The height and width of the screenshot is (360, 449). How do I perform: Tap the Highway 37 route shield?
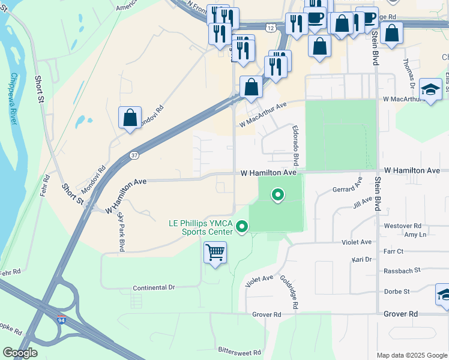coord(134,155)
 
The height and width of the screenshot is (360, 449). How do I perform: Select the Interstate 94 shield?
coord(61,320)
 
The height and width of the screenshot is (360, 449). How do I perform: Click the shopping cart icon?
coord(215,252)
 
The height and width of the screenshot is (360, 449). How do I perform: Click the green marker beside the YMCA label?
coord(242,226)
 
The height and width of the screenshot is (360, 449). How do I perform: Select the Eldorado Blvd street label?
coord(295,146)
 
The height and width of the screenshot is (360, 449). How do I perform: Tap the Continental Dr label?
coord(154,288)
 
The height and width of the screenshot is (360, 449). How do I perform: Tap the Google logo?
coord(20,353)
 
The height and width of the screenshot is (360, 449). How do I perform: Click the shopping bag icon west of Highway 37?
coord(130,118)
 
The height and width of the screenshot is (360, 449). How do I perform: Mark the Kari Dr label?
coord(361,260)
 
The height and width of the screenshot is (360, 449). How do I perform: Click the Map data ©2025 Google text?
coord(411,355)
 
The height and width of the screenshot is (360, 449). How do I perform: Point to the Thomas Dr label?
coord(408,71)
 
